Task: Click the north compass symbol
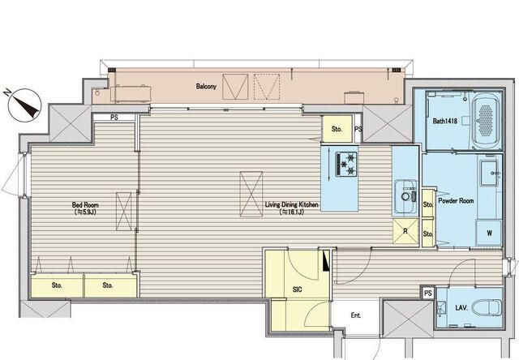pos(24,105)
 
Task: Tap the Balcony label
pos(206,87)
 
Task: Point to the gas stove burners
pos(346,164)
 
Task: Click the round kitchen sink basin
pos(405,196)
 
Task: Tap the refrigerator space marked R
pos(405,231)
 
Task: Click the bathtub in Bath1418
pos(486,121)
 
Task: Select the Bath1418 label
pos(445,121)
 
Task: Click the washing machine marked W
pos(489,233)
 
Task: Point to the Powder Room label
pos(456,200)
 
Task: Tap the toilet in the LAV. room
pos(487,308)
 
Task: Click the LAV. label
pos(461,308)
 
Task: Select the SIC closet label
pos(298,289)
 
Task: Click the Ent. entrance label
pos(355,315)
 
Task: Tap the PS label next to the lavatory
pos(428,294)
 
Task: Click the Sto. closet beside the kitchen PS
pos(337,129)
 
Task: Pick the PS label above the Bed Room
pos(114,118)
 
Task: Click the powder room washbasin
pos(489,173)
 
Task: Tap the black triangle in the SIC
pos(326,261)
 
